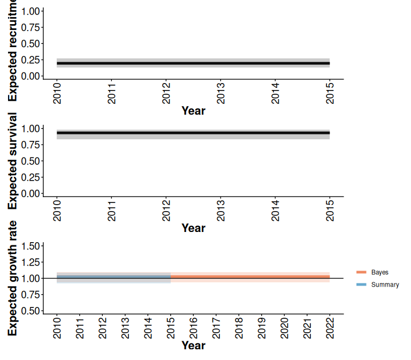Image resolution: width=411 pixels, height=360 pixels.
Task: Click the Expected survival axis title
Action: tap(12, 161)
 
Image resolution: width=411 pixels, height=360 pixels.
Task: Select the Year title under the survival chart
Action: tap(193, 228)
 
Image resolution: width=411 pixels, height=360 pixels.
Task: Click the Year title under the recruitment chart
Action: tap(193, 111)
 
